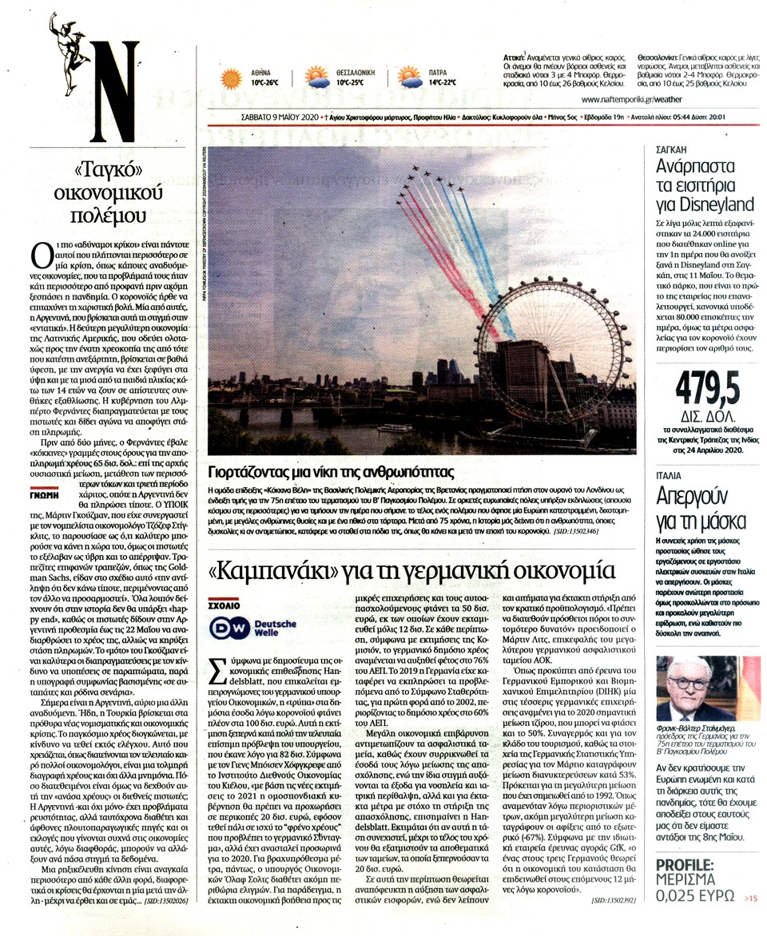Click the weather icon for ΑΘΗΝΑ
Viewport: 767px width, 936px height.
[x=232, y=77]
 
